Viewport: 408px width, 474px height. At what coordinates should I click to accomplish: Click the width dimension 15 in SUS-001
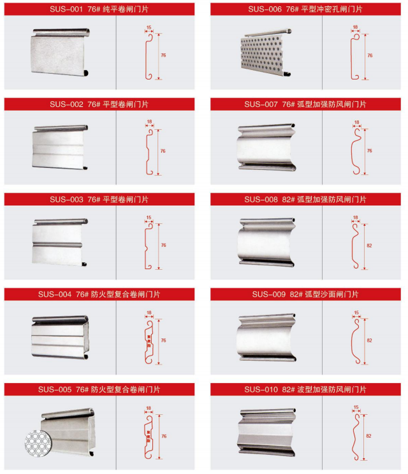(149, 28)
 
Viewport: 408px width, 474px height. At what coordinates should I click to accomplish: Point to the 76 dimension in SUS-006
(369, 56)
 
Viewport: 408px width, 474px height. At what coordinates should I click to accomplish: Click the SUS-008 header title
(305, 199)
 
